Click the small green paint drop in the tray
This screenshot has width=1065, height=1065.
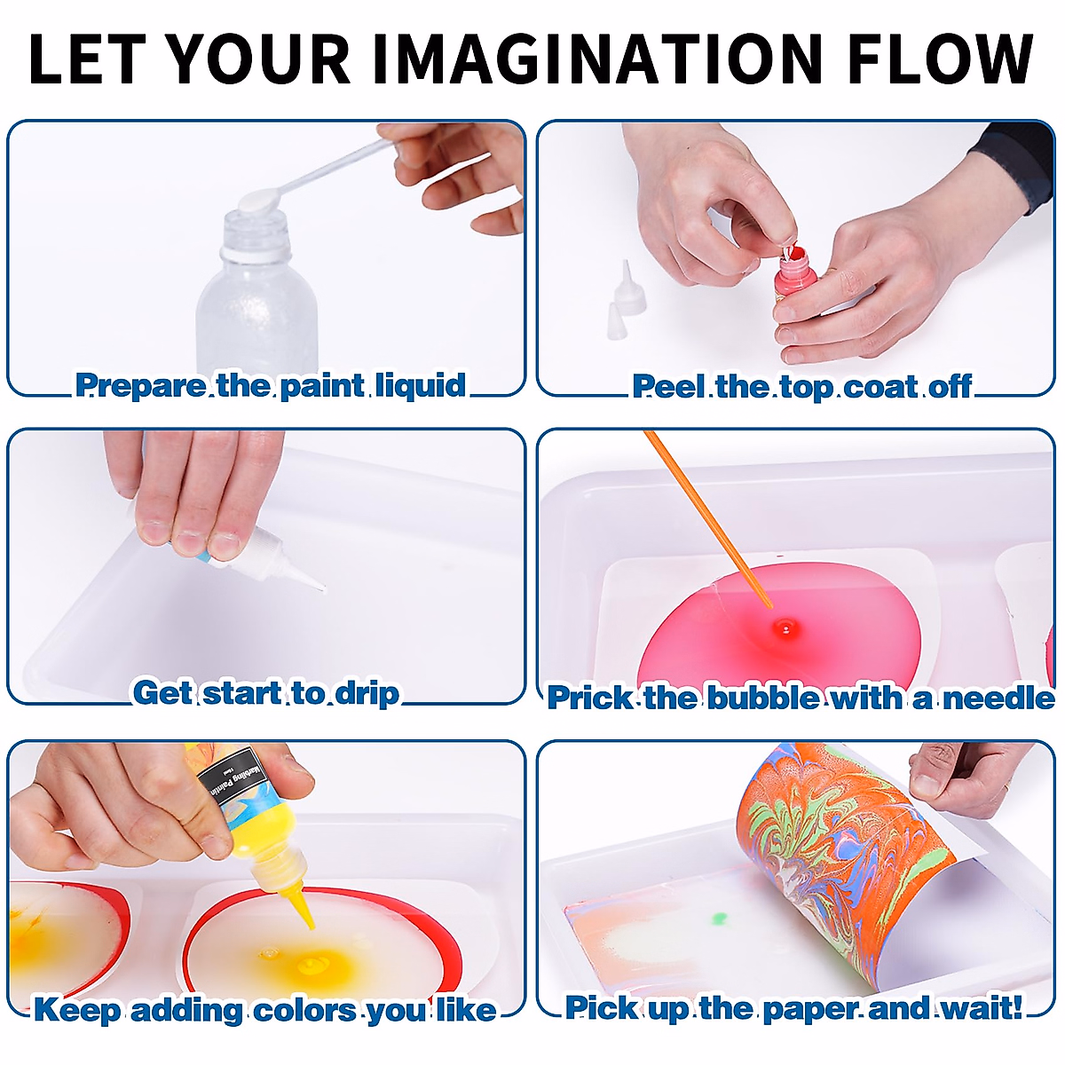(x=719, y=918)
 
